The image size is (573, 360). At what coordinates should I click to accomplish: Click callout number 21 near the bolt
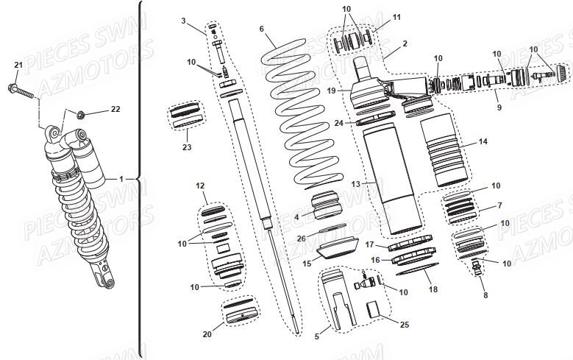[x=18, y=65]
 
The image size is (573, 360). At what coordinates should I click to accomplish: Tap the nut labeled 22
[x=81, y=114]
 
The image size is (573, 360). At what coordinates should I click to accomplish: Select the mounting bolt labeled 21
[x=21, y=92]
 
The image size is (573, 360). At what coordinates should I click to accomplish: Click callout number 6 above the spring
[x=262, y=29]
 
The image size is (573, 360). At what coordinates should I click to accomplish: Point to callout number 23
[x=187, y=147]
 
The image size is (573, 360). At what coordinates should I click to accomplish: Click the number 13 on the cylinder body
[x=356, y=184]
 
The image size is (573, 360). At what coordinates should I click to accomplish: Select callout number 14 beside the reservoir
[x=483, y=141]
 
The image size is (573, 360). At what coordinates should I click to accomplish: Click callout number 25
[x=405, y=325]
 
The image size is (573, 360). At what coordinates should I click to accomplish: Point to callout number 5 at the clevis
[x=317, y=336]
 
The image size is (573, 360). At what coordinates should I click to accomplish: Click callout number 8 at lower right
[x=485, y=295]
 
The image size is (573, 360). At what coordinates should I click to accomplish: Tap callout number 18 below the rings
[x=433, y=289]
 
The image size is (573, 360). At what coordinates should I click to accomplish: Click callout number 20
[x=207, y=334]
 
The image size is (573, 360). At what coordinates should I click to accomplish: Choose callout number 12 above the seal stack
[x=200, y=186]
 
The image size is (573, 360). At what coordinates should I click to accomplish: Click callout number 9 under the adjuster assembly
[x=499, y=107]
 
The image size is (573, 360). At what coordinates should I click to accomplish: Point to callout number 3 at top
[x=183, y=21]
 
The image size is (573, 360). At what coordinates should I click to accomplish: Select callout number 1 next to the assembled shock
[x=121, y=180]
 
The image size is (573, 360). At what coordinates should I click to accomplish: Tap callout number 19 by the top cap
[x=332, y=91]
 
